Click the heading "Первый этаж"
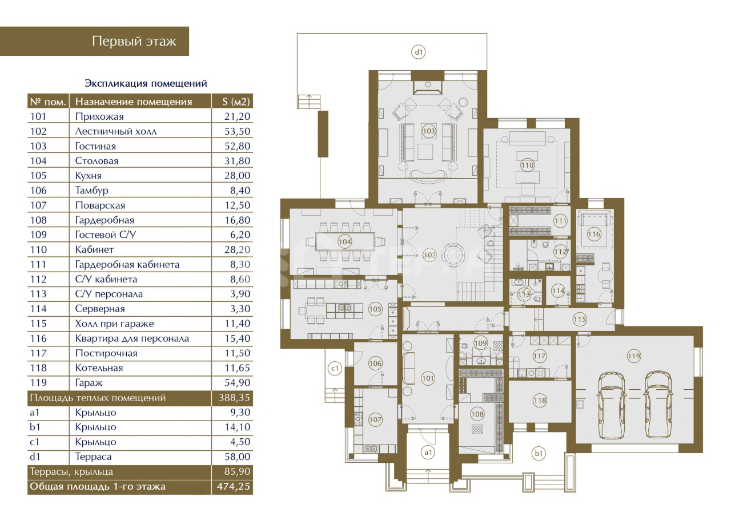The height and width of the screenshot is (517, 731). coord(134,42)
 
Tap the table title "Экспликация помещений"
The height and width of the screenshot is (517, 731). coord(146,83)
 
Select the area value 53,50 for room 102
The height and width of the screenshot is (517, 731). coord(237,131)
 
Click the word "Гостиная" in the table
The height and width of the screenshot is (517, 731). coord(95,146)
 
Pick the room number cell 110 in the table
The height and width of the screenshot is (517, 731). coord(38,250)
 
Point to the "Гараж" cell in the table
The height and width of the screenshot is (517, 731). coord(89,383)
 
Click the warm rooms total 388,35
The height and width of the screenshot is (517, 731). coord(234,398)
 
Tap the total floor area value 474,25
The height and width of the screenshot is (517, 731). coord(234,486)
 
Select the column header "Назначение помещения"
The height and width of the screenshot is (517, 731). coord(134,102)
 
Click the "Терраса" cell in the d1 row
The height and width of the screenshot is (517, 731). coord(93,457)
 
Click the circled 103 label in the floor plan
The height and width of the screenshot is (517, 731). coord(428,131)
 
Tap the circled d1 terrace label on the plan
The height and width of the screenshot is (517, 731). coord(419,52)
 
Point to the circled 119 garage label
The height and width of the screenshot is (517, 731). coord(634,356)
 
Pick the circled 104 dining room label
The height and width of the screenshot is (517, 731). coord(344,242)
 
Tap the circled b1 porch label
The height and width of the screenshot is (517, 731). coord(539,454)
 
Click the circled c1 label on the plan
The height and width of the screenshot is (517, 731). coord(335,369)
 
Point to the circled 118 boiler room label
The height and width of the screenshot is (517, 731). coord(540,400)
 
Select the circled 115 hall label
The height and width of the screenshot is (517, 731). coord(580,319)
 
